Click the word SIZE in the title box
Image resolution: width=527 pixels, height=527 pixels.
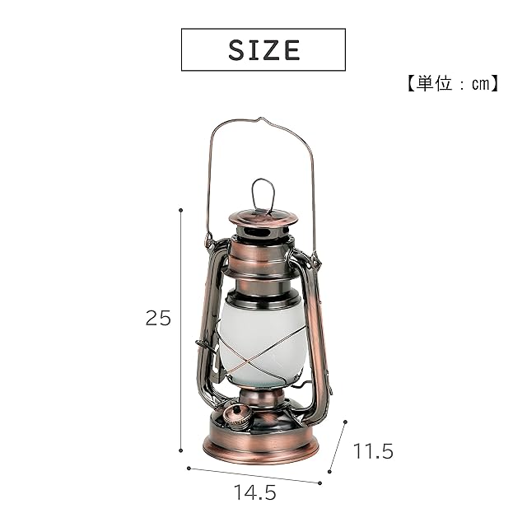pos(263,50)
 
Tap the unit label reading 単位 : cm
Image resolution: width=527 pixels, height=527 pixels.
pos(452,83)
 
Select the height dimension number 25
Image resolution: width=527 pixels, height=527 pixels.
pos(158,318)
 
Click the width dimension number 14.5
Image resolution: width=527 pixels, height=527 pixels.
pos(255,492)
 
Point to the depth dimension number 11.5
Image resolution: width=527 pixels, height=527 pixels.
pos(373,451)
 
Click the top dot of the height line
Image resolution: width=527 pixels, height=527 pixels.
pos(181,210)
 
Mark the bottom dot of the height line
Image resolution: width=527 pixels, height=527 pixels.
pos(181,450)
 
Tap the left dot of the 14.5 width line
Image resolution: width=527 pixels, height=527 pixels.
pos(189,469)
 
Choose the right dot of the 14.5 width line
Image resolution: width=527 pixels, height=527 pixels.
pos(319,483)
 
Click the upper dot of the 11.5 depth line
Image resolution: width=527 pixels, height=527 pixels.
pos(345,422)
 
